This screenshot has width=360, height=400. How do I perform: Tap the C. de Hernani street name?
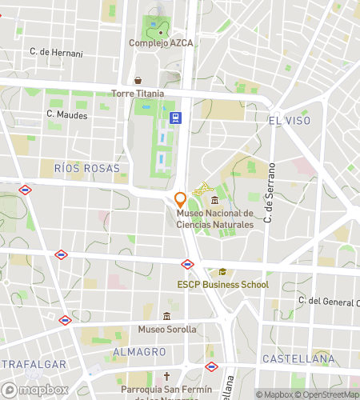[56, 52]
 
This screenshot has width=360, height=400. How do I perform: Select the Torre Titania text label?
[138, 94]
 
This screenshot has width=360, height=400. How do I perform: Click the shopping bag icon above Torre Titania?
[138, 80]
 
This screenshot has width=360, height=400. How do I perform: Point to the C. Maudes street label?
[66, 114]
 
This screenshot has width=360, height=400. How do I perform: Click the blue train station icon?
[176, 118]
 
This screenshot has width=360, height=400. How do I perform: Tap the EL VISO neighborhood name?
[289, 120]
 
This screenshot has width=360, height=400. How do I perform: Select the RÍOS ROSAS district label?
[87, 169]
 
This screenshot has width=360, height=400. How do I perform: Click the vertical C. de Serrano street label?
[272, 191]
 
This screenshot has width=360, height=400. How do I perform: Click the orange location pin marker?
[180, 198]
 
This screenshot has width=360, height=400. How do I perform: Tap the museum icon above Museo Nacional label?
[214, 199]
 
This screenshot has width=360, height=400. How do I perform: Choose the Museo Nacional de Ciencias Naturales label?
[214, 219]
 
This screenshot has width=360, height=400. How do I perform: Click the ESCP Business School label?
[223, 285]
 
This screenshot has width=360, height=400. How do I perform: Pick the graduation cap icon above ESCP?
[222, 271]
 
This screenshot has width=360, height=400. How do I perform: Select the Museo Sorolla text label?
[166, 329]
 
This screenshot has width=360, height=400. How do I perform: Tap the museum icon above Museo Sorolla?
[166, 316]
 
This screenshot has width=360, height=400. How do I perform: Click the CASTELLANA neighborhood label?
[298, 359]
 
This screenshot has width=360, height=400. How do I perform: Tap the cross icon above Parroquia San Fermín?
[166, 376]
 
